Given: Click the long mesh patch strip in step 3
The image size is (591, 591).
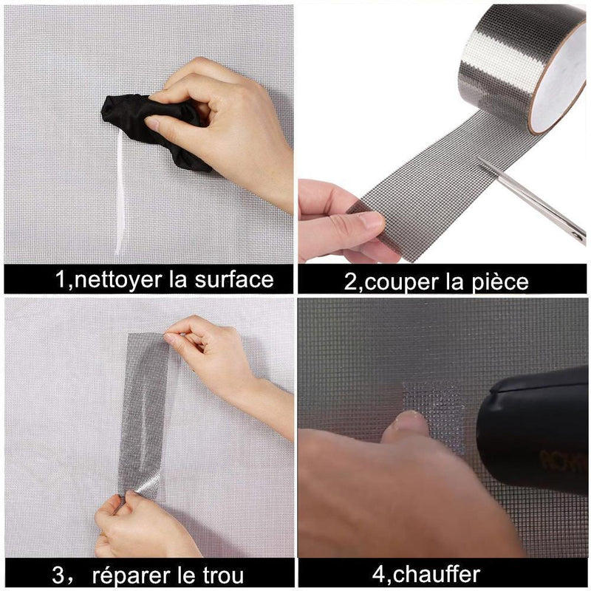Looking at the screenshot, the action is click(x=143, y=414).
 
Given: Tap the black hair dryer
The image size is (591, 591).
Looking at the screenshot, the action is click(x=535, y=434).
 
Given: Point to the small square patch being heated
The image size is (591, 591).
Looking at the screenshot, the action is click(x=434, y=414).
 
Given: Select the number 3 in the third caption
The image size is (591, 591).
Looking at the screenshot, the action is click(x=58, y=575).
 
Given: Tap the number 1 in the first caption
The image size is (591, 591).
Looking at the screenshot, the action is click(x=61, y=280).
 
